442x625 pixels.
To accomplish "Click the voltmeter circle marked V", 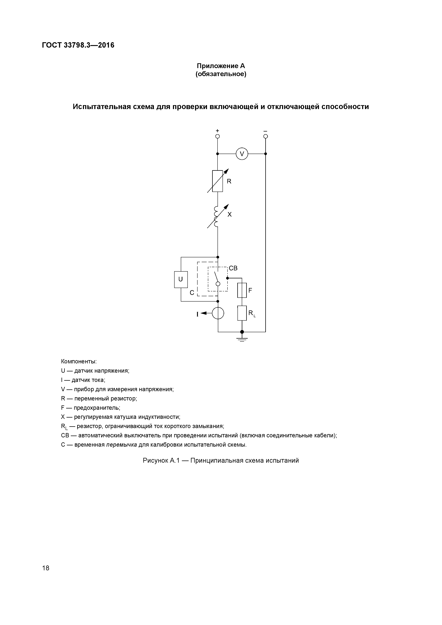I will click(x=242, y=154).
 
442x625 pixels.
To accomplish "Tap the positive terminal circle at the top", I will click(x=217, y=136).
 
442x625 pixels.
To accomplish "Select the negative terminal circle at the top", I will click(x=265, y=136).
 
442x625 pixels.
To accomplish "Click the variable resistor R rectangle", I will click(x=217, y=181).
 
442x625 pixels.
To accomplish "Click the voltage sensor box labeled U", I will click(x=181, y=279).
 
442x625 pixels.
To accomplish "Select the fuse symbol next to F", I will click(x=242, y=290).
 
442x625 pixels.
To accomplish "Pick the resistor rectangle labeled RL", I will click(x=242, y=313).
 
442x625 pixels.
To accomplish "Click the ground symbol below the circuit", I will click(x=242, y=339).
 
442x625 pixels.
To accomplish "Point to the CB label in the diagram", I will click(x=233, y=268).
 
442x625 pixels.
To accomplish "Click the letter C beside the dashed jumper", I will click(x=192, y=293).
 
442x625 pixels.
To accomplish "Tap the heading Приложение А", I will click(x=221, y=66).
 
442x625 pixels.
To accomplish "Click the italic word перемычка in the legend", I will click(x=121, y=445).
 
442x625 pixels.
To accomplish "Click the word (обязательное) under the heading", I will click(x=221, y=74).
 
